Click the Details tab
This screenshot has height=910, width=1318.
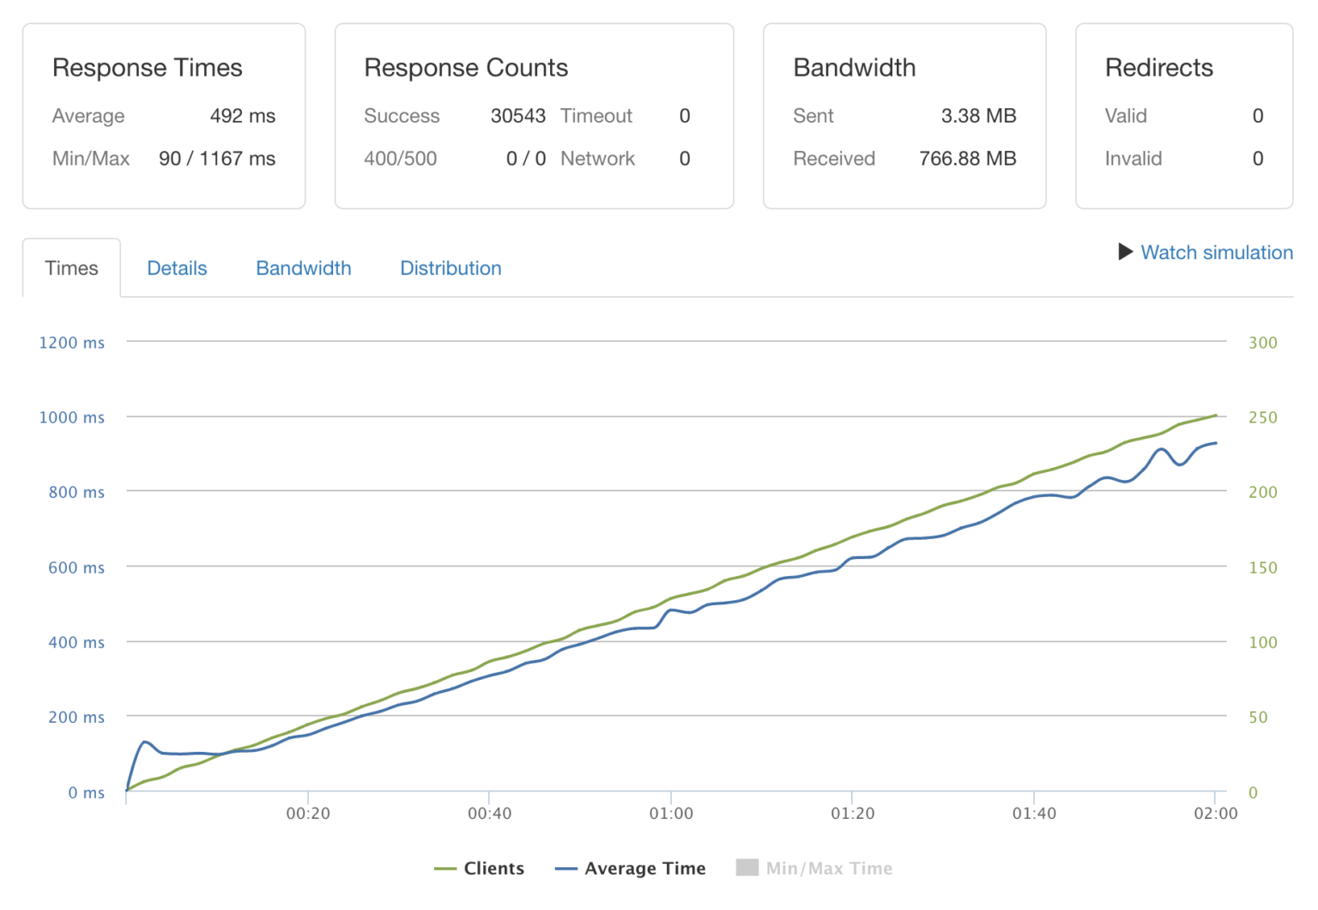pos(177,269)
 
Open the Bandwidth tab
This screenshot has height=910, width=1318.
pos(303,269)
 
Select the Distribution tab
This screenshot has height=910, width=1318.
pos(450,269)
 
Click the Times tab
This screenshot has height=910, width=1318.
pos(71,269)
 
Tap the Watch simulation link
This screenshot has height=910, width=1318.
pos(1216,252)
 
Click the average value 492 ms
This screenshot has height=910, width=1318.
pos(242,116)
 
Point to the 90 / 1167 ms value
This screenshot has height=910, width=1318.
pos(217,159)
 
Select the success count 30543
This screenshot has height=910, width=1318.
pos(517,116)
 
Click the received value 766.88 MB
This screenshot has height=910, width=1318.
pos(967,159)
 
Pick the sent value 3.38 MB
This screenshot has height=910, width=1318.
pos(978,116)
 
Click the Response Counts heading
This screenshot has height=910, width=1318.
pos(466,68)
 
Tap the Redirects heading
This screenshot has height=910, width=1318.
pos(1158,68)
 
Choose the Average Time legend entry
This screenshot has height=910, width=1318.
pos(631,869)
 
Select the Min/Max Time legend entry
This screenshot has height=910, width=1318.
pos(814,869)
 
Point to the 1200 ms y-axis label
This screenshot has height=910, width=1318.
pos(72,343)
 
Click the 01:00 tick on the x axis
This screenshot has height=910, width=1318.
pos(671,813)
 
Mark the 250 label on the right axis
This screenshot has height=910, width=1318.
pos(1262,417)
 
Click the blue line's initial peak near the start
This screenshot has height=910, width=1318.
pos(145,742)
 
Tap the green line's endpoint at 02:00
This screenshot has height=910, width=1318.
pos(1215,416)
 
